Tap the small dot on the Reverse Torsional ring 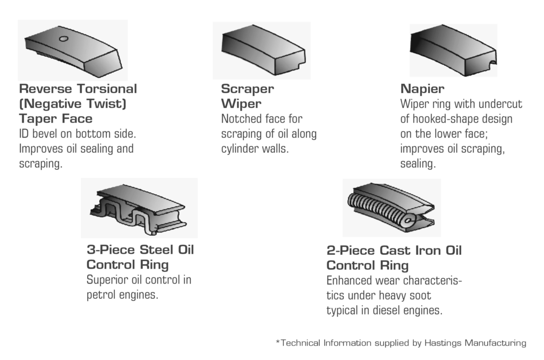point(63,38)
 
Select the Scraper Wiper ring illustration point(261,50)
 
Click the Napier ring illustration point(453,50)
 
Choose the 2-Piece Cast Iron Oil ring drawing point(391,208)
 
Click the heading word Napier point(422,89)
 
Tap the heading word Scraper point(248,89)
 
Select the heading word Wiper point(241,104)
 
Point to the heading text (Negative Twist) point(72,104)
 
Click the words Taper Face point(55,118)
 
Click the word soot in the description point(420,295)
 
